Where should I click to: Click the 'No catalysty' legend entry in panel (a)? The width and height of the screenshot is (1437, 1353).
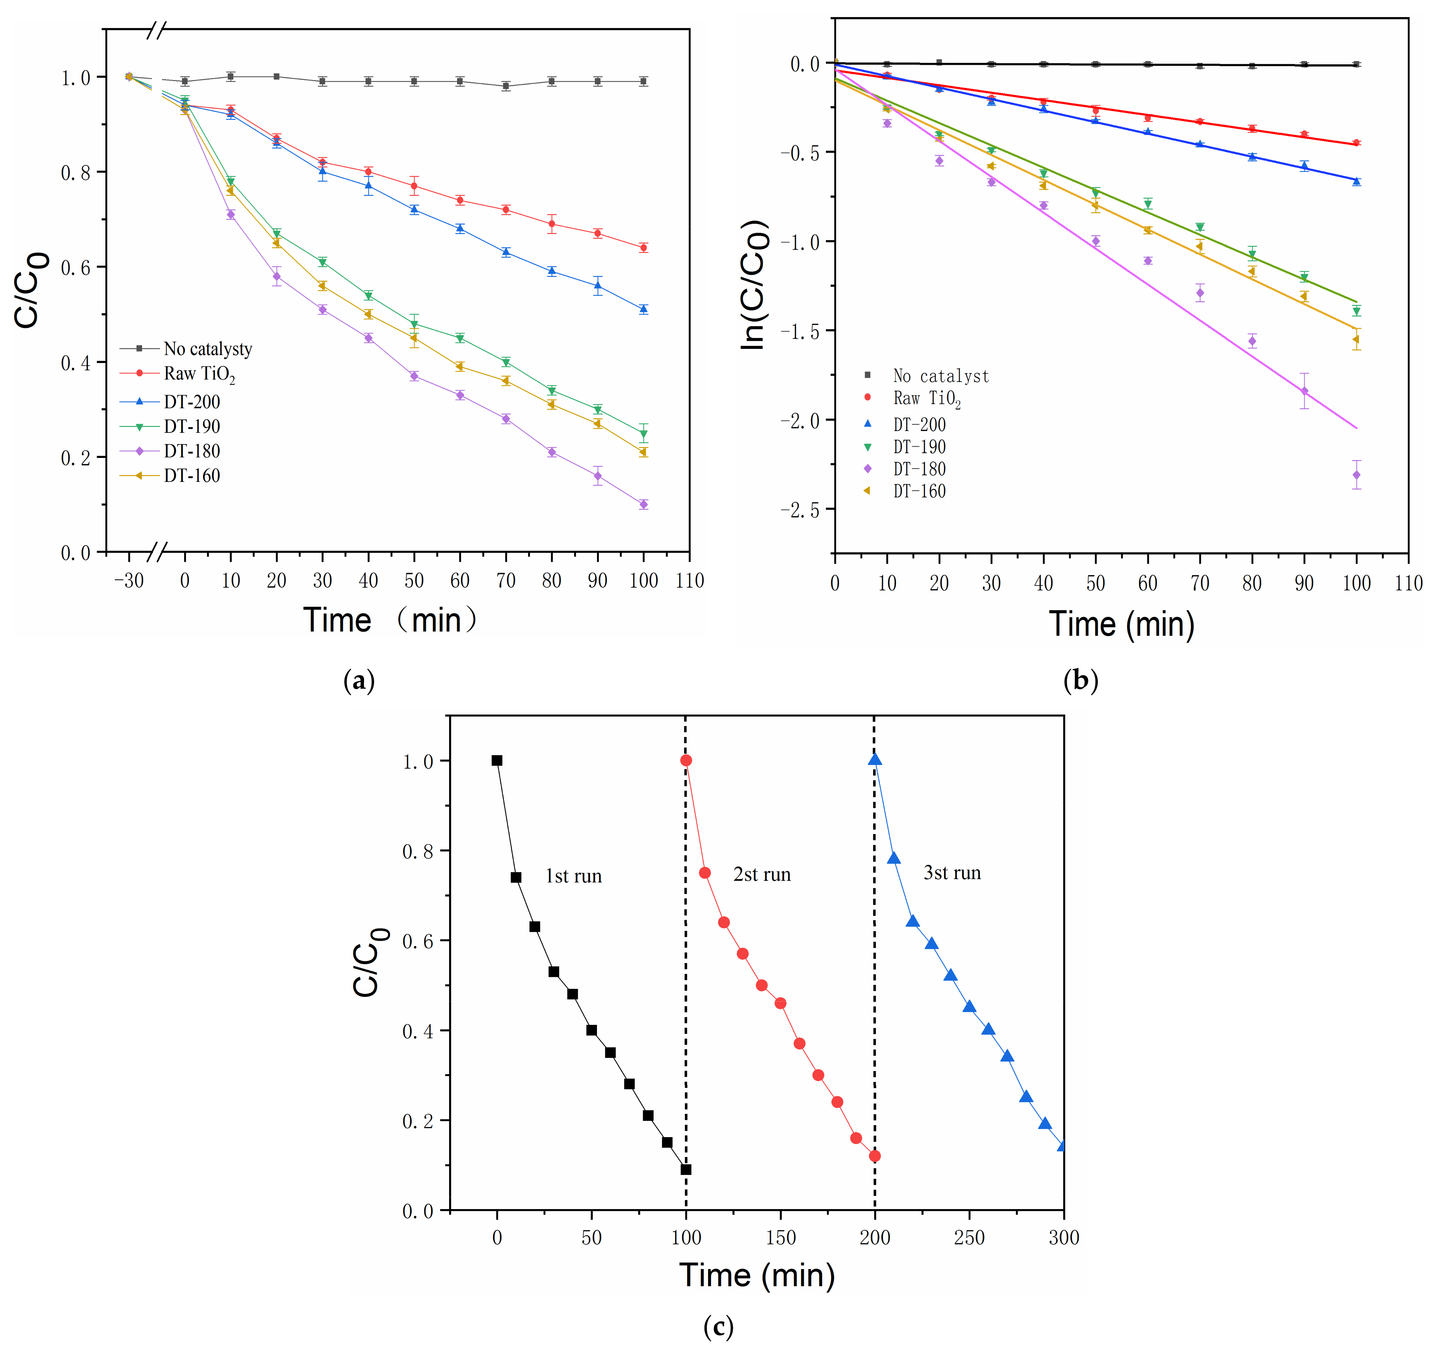pos(207,349)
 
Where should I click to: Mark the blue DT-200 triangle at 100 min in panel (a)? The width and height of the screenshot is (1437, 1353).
pos(643,310)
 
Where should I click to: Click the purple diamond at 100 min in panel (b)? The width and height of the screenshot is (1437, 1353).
pos(1356,475)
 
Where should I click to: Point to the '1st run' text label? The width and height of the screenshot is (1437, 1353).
pos(573,877)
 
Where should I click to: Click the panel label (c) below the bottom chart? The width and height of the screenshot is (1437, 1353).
pos(718,1327)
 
